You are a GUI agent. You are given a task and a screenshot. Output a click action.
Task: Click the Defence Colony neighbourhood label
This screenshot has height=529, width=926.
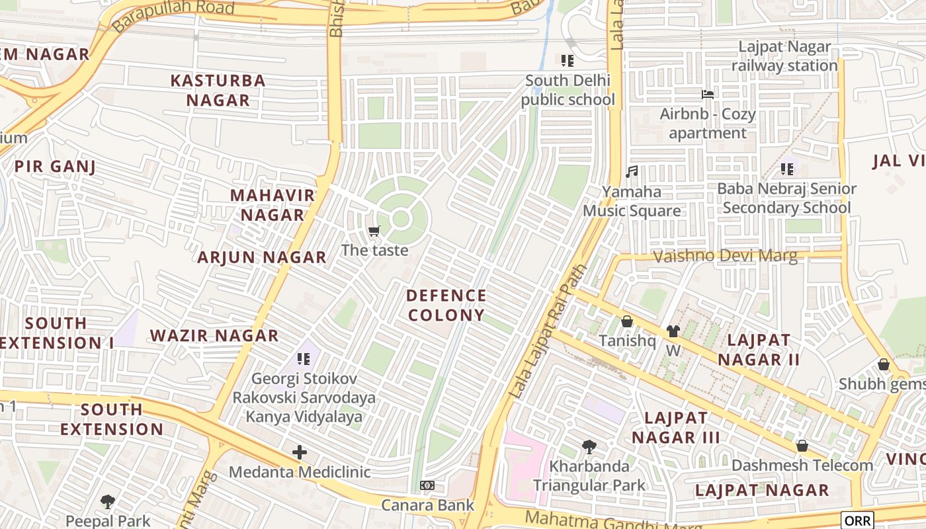[446, 305]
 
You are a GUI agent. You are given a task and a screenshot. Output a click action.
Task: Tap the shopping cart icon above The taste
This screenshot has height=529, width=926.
[374, 231]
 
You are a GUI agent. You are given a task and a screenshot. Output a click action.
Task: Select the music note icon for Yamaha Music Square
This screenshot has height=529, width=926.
[632, 172]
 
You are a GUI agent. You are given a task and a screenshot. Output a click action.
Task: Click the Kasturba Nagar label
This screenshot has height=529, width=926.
[218, 91]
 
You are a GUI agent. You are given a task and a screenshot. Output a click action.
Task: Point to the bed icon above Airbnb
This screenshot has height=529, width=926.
[707, 95]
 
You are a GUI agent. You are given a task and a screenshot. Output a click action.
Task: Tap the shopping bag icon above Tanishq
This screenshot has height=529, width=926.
[627, 321]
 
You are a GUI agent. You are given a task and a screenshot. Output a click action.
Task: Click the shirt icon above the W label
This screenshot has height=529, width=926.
[673, 331]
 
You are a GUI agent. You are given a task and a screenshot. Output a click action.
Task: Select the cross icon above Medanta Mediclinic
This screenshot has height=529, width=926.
[300, 452]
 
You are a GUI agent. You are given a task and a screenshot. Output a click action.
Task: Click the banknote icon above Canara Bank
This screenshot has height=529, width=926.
[427, 485]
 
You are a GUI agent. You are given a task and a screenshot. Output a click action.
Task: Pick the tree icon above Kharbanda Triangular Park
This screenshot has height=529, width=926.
[589, 447]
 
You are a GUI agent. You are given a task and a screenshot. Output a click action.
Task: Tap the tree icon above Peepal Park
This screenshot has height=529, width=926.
[108, 502]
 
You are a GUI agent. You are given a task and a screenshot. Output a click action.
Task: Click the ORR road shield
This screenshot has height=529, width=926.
[857, 520]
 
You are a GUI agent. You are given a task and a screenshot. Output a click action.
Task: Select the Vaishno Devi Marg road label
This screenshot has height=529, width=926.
[725, 256]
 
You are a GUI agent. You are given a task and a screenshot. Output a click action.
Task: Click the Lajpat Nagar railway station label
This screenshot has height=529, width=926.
[784, 56]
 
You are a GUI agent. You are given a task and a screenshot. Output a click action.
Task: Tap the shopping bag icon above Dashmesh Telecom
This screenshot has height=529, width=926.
[802, 446]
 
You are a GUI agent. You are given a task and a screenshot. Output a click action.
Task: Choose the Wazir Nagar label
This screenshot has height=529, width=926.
[214, 335]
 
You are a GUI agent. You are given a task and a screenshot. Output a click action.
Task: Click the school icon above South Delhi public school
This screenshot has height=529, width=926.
[567, 61]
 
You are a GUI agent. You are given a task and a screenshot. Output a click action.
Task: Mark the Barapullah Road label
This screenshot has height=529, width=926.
[173, 16]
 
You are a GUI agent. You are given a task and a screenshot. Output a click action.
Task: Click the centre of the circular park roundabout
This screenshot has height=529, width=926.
[401, 218]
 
